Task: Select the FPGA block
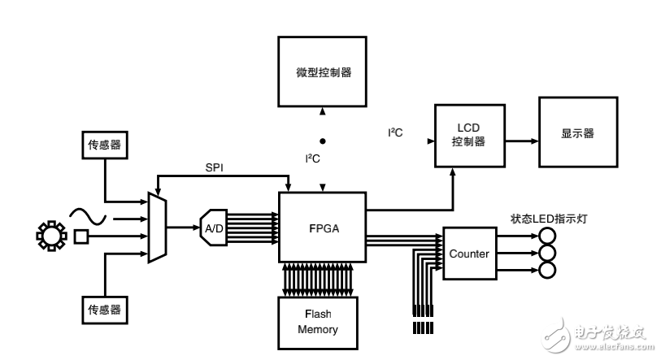click(323, 228)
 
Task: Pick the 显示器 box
click(576, 133)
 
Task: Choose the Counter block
click(469, 254)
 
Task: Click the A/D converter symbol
click(213, 228)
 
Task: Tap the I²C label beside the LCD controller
click(396, 130)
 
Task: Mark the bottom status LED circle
click(547, 270)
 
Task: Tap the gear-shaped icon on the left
click(50, 236)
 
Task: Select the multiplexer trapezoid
click(156, 228)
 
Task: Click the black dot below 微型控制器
click(323, 139)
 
